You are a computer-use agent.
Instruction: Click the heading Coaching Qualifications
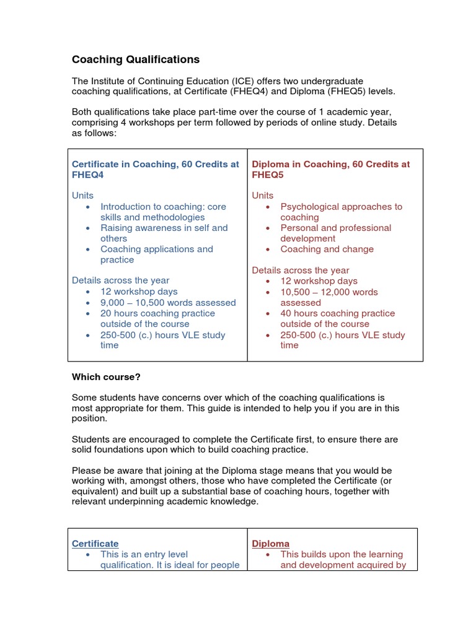136,59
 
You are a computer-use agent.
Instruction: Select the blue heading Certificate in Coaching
155,169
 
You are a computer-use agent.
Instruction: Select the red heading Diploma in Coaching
330,169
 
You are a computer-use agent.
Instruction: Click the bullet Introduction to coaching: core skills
163,212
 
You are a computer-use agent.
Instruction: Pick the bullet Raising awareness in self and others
164,233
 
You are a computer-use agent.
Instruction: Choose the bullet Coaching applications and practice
156,254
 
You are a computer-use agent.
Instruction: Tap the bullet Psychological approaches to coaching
341,212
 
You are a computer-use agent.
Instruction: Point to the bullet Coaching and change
327,249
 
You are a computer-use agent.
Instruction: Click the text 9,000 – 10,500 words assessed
168,303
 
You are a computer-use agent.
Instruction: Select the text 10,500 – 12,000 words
328,292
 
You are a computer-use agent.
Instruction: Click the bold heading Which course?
106,376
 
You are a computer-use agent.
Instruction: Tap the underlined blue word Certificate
95,544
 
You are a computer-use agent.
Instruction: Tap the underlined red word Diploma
270,544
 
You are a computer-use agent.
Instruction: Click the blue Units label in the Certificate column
82,196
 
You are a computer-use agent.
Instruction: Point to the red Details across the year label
300,271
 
